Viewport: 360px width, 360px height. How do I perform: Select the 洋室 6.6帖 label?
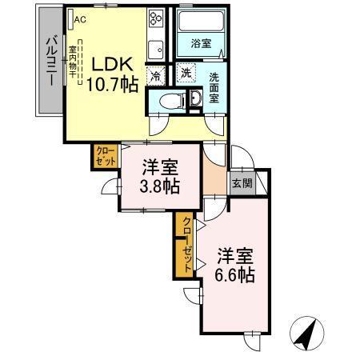235,265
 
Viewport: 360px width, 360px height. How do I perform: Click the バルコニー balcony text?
49,59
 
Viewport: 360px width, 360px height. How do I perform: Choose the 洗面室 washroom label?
214,88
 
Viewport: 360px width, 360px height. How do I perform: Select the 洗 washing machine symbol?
186,73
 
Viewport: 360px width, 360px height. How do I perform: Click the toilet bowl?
169,101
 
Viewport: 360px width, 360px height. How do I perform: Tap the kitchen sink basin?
155,46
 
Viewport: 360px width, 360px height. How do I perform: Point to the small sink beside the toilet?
194,98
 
